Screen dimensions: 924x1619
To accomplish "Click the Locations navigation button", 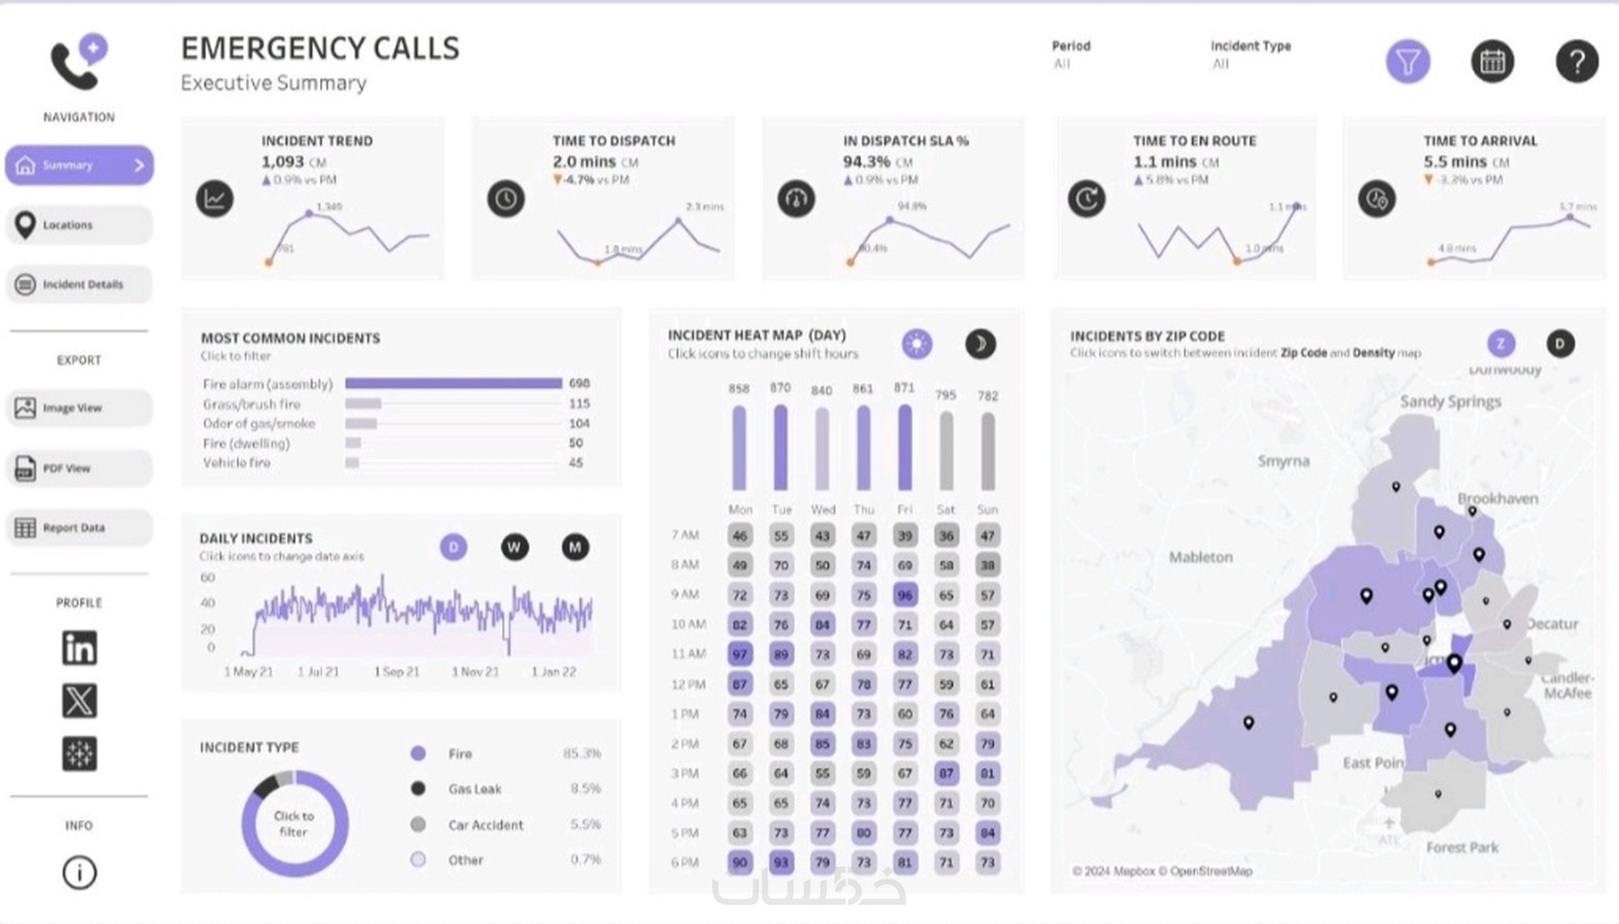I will click(79, 225).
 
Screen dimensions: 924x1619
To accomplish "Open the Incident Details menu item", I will click(79, 284).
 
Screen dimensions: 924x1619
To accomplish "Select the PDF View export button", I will click(79, 468).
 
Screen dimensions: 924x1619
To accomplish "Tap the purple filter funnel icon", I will click(1407, 62).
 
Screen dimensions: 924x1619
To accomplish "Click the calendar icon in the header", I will click(1491, 62).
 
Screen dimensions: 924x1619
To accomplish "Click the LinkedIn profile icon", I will click(79, 648).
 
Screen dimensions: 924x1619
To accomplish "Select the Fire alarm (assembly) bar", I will click(453, 383).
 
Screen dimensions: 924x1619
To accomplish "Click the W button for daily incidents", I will click(514, 547).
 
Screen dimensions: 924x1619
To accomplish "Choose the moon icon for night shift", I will click(980, 344).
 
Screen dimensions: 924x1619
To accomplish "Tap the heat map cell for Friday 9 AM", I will click(905, 594).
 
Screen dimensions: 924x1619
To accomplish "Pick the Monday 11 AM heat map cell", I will click(739, 654).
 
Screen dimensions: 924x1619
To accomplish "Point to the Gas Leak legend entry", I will click(474, 789).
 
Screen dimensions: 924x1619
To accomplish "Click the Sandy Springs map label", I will click(1449, 401).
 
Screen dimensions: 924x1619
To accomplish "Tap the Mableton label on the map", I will click(1200, 556).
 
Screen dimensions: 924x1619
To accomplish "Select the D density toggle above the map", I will click(1560, 343).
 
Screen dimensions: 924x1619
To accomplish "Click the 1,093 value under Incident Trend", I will click(283, 162).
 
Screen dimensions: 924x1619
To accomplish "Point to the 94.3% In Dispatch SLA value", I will click(867, 162).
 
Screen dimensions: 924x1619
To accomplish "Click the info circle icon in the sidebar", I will click(79, 872).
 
